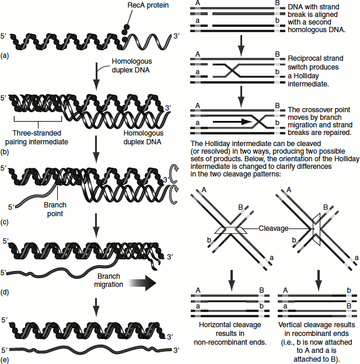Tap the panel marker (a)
[6, 56]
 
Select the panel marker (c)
[6, 222]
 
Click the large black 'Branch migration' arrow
[140, 284]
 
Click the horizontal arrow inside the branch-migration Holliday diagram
[230, 123]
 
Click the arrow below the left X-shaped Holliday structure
[232, 278]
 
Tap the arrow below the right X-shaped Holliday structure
[317, 278]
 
